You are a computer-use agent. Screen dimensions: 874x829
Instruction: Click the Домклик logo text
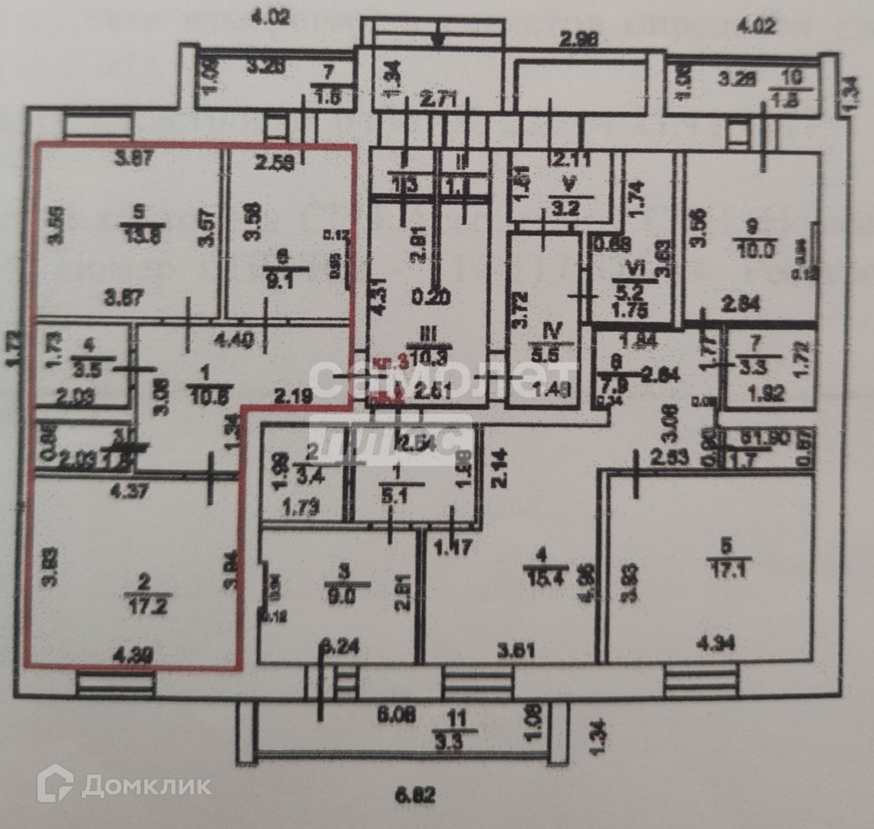[146, 785]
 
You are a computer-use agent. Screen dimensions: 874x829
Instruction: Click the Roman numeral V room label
[569, 185]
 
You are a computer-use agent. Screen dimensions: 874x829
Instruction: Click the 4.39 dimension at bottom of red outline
[132, 656]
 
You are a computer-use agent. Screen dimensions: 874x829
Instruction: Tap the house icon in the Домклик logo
[55, 784]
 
